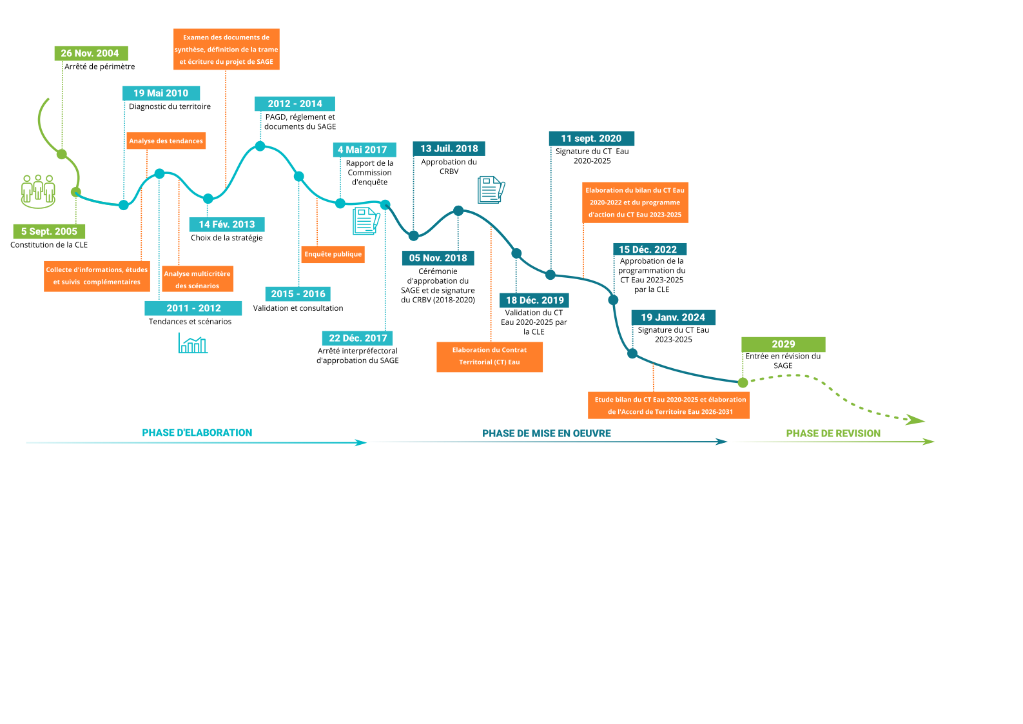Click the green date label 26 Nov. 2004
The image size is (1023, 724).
tap(90, 53)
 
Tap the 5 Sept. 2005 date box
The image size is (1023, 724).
tap(49, 231)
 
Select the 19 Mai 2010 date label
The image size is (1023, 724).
tap(161, 93)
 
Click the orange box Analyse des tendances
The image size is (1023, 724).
tap(166, 141)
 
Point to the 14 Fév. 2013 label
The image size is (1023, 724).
tap(226, 224)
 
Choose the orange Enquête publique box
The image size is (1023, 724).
tap(333, 254)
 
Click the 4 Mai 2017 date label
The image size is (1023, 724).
tap(363, 150)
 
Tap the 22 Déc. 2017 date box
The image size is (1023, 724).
tap(358, 338)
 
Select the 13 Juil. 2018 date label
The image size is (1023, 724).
tap(449, 148)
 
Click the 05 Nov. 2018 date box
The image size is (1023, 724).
tap(438, 258)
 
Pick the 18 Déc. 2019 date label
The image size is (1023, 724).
tap(534, 300)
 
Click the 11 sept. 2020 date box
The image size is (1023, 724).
tap(591, 138)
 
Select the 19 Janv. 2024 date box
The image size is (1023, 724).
tap(673, 317)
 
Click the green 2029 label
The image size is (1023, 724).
tap(783, 344)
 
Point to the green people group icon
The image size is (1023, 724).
tap(38, 191)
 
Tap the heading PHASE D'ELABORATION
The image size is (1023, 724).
tap(197, 433)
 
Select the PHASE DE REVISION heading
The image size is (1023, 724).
tap(833, 433)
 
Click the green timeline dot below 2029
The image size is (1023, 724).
tap(743, 383)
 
